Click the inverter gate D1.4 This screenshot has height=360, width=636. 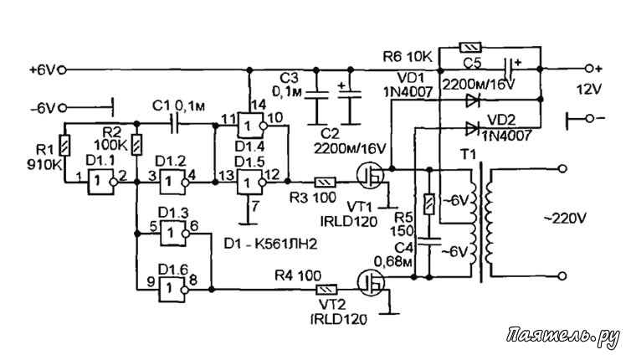(252, 126)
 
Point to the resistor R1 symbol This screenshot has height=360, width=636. (64, 146)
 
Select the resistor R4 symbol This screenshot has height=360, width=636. (327, 290)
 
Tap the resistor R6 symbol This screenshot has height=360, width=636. (470, 47)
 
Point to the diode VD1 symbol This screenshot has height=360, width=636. (472, 100)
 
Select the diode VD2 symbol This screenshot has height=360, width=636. (472, 129)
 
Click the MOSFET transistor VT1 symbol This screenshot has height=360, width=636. (371, 175)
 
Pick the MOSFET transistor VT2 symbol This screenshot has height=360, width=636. (371, 283)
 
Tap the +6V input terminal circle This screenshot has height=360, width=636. (62, 69)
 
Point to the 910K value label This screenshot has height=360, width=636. (44, 165)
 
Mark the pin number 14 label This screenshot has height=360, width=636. (259, 105)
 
